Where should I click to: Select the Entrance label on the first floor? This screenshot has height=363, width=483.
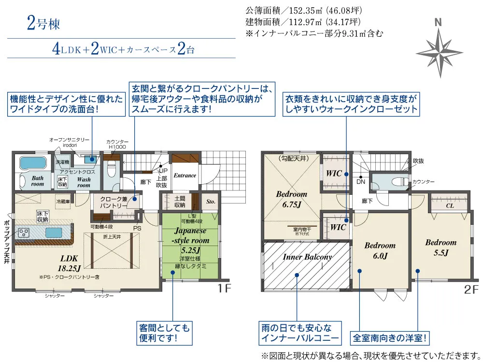(185, 175)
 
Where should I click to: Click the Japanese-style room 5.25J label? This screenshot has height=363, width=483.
(192, 240)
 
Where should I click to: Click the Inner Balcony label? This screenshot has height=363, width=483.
(307, 257)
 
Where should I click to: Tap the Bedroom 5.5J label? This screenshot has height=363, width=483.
(440, 247)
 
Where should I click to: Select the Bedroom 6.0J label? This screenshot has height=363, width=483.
(380, 250)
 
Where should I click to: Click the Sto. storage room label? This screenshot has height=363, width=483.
(211, 202)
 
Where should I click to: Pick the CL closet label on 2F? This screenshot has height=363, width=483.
(449, 205)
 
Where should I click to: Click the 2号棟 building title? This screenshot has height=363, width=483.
(43, 24)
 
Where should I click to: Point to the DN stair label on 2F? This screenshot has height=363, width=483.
(361, 182)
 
